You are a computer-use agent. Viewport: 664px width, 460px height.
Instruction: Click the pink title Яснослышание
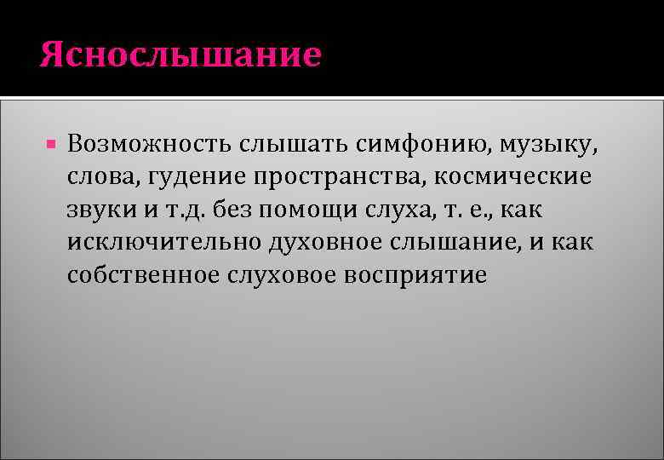pyautogui.click(x=180, y=55)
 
